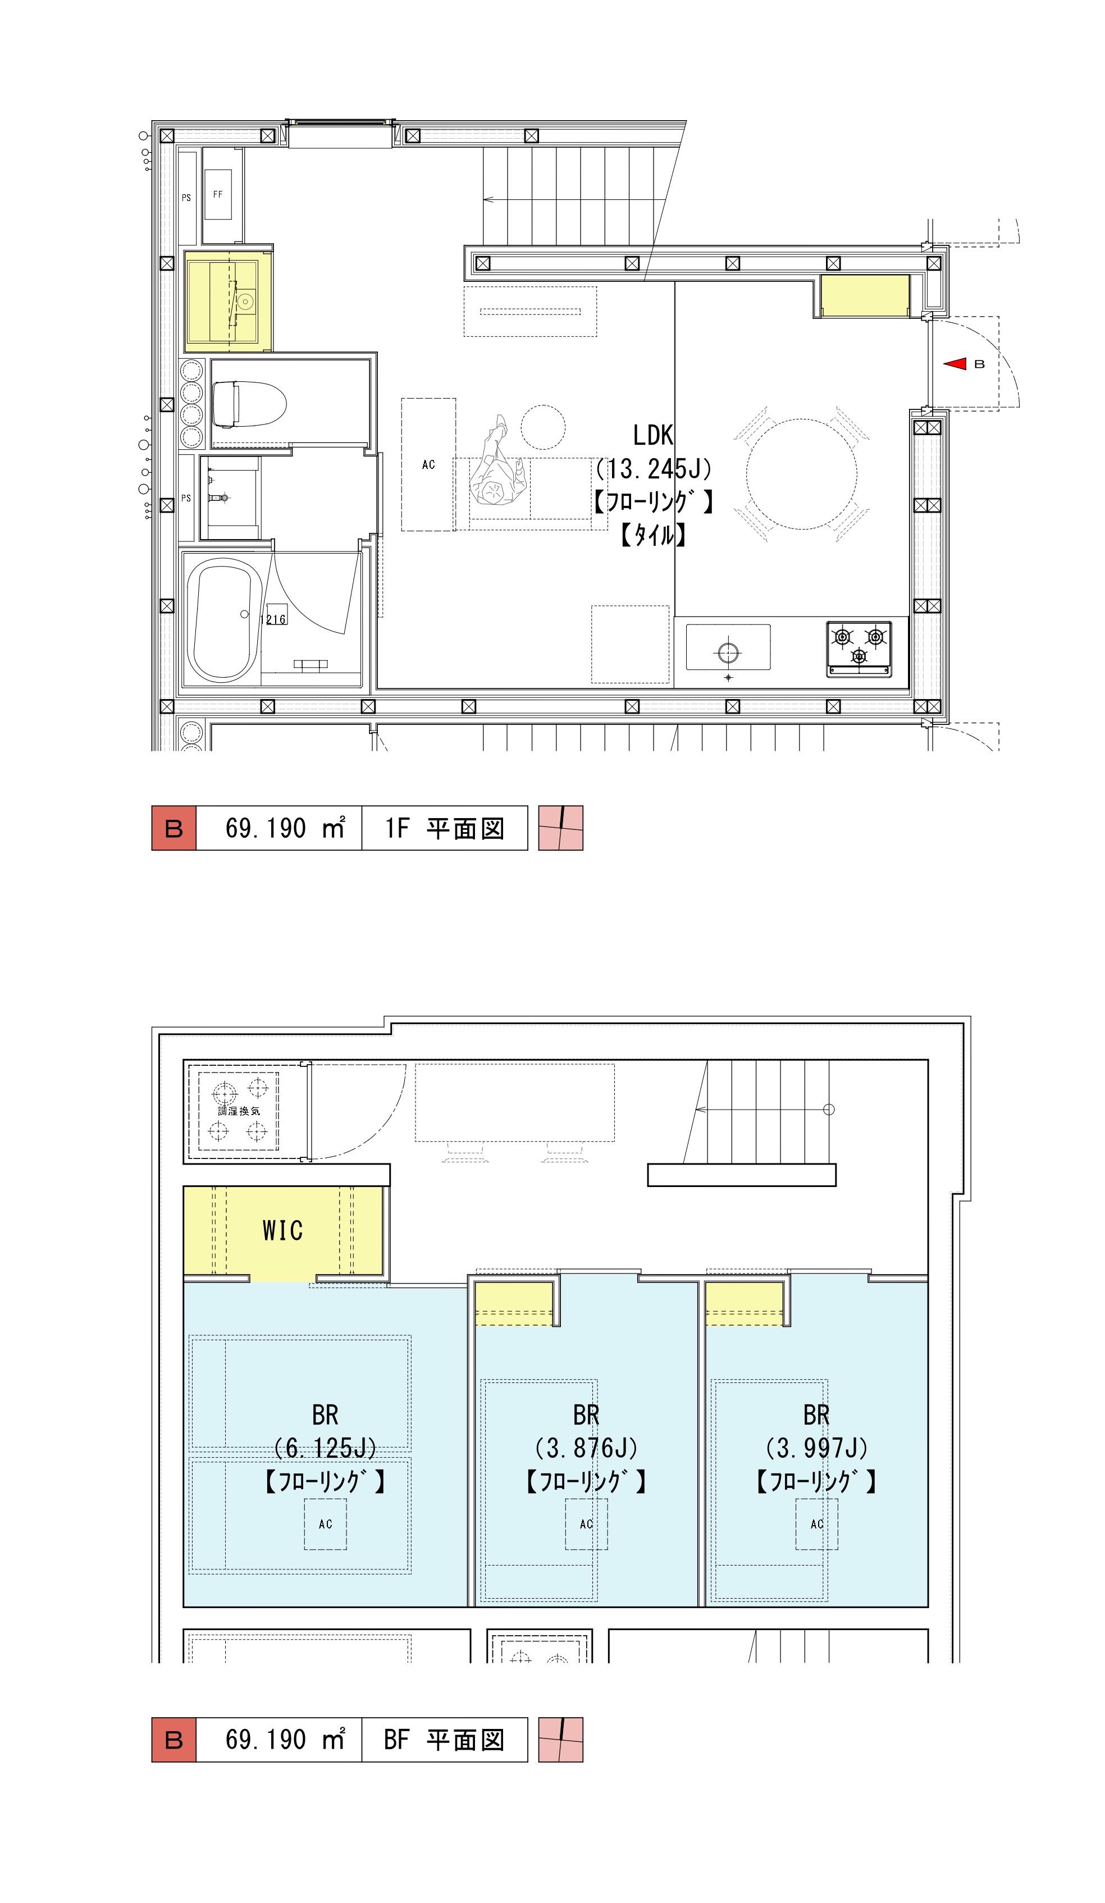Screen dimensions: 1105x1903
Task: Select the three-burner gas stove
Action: (x=858, y=648)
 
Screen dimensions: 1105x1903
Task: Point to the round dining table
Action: (x=801, y=473)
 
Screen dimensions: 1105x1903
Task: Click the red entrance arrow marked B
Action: (x=956, y=364)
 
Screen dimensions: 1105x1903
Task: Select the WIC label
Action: (x=282, y=1230)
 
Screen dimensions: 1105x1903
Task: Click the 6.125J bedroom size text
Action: (x=326, y=1448)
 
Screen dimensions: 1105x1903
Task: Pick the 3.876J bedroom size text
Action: (x=586, y=1448)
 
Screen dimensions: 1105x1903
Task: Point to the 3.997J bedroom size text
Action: (x=816, y=1448)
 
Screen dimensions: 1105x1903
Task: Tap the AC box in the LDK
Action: (x=428, y=464)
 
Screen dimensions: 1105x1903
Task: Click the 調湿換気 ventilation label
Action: (x=239, y=1111)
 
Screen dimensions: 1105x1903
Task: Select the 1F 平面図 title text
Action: (x=444, y=828)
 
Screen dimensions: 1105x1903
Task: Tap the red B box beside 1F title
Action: (x=173, y=828)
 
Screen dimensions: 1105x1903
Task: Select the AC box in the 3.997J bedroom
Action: (x=816, y=1524)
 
